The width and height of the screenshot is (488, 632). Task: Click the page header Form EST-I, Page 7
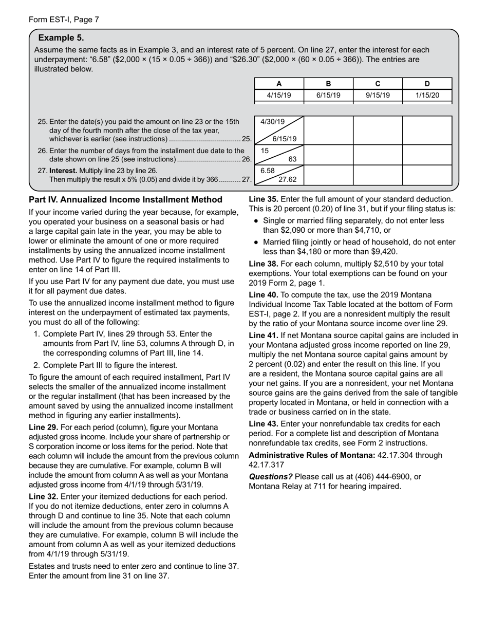(x=64, y=20)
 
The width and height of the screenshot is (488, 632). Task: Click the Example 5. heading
(x=61, y=38)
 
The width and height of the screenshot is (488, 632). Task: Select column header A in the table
(x=279, y=84)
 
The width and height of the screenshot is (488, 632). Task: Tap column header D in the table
(x=427, y=84)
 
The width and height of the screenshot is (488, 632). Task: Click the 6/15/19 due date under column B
(x=328, y=96)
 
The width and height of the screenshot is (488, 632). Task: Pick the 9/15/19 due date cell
(x=378, y=96)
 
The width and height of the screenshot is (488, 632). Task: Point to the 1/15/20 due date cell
(x=427, y=96)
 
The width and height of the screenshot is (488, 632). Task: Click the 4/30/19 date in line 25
(x=272, y=122)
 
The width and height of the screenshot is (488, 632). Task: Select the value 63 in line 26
(x=292, y=159)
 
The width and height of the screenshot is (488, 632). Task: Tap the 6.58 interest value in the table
(x=268, y=170)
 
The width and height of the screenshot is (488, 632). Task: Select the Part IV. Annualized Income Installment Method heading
(x=125, y=199)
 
